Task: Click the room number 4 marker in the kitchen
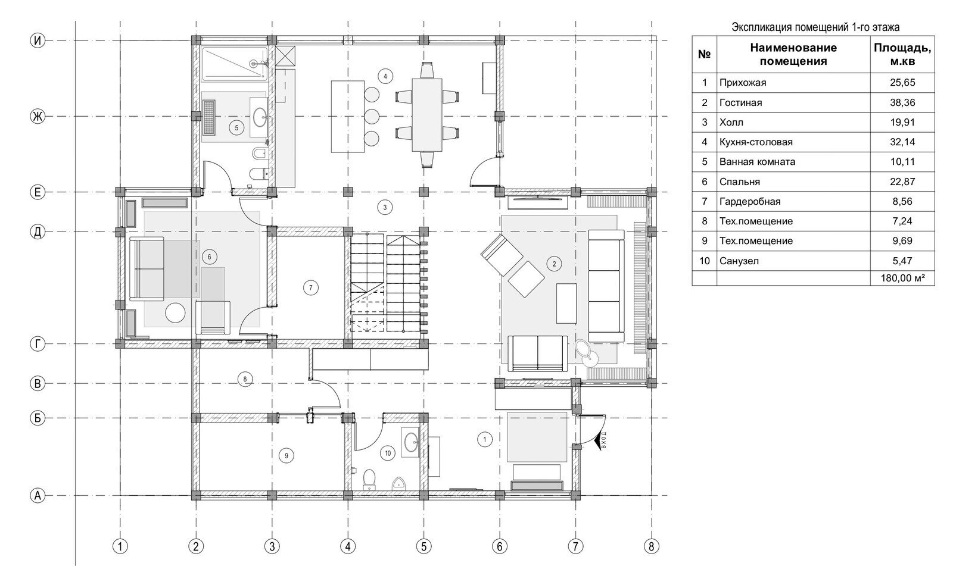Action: [385, 76]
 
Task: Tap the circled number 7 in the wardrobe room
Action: [310, 288]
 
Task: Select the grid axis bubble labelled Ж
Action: [38, 117]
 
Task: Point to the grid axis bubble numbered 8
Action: [651, 546]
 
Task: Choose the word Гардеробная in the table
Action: [749, 201]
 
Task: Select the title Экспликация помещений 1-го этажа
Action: [815, 27]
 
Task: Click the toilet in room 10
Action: [370, 479]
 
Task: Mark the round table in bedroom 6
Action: [176, 313]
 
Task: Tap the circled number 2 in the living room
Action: [555, 263]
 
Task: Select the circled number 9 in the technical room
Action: [286, 456]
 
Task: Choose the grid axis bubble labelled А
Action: [38, 495]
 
